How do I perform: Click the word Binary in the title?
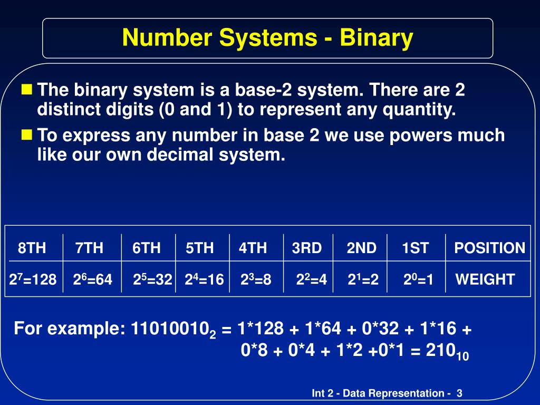(x=377, y=38)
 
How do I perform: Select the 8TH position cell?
(x=32, y=248)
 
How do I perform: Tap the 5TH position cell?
(x=200, y=248)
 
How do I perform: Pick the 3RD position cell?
(x=307, y=248)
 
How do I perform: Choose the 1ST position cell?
(x=416, y=248)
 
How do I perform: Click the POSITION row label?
(x=489, y=248)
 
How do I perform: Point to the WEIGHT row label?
(x=485, y=279)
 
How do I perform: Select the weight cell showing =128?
(x=33, y=279)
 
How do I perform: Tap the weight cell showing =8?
(x=256, y=279)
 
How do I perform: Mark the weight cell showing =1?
(x=418, y=279)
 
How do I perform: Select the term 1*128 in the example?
(x=261, y=330)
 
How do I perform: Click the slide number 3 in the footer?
(x=459, y=393)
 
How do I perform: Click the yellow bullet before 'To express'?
(x=26, y=134)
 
